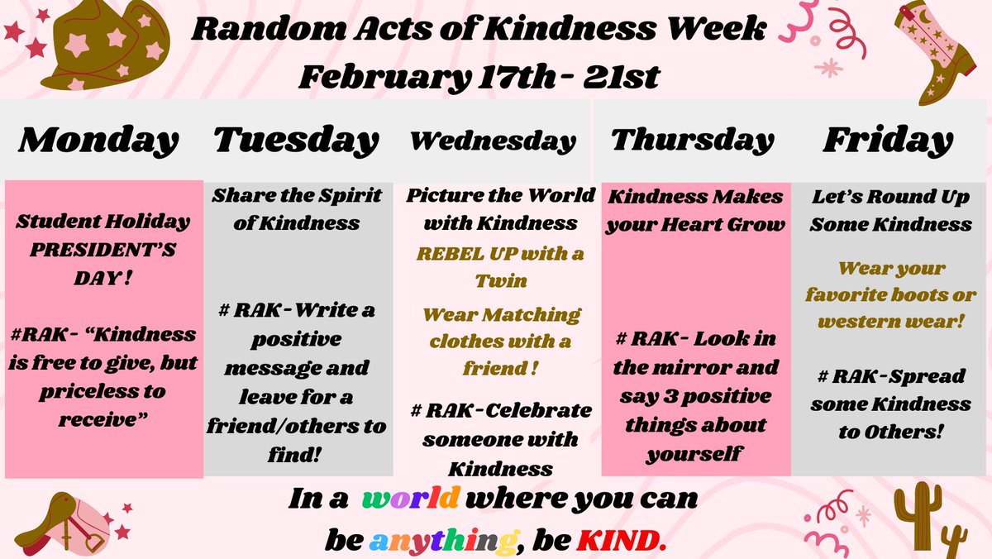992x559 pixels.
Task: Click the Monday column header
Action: tap(98, 140)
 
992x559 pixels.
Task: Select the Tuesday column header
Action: tap(295, 140)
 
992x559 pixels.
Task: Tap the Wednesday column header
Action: tap(493, 141)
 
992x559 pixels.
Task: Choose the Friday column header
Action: tap(888, 140)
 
